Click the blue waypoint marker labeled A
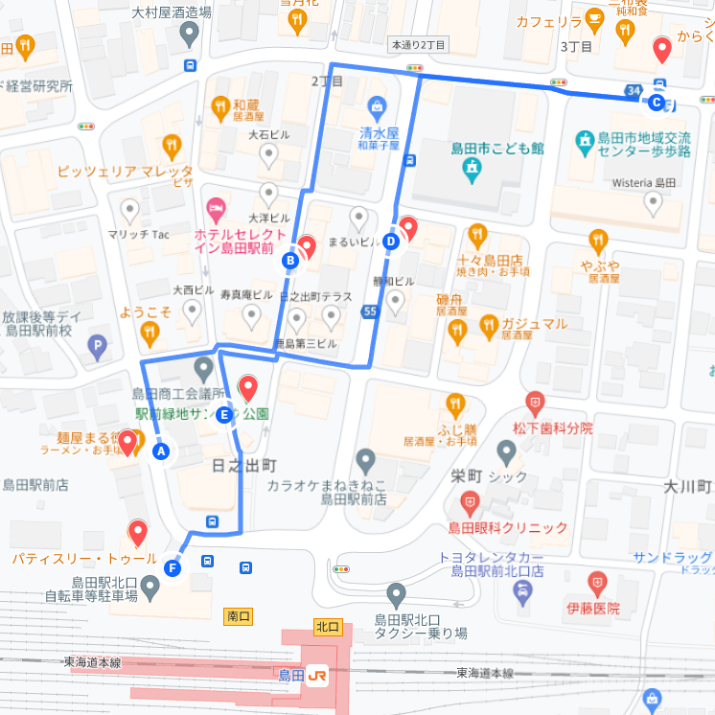click(x=161, y=451)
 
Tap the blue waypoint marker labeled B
click(x=290, y=260)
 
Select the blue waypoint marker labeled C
click(x=657, y=102)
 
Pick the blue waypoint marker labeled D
click(x=391, y=241)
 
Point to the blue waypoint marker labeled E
click(x=224, y=415)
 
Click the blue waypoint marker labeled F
click(x=173, y=568)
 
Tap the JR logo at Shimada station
click(x=318, y=676)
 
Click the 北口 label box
click(x=327, y=626)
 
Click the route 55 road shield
click(x=370, y=311)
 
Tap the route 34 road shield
click(x=632, y=90)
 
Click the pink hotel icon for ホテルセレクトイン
click(x=217, y=207)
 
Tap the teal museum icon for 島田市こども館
click(x=471, y=171)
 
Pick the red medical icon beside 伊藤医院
click(x=597, y=582)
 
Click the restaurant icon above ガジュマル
click(x=488, y=325)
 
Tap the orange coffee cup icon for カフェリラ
click(x=594, y=19)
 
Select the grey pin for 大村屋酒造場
click(x=190, y=35)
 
